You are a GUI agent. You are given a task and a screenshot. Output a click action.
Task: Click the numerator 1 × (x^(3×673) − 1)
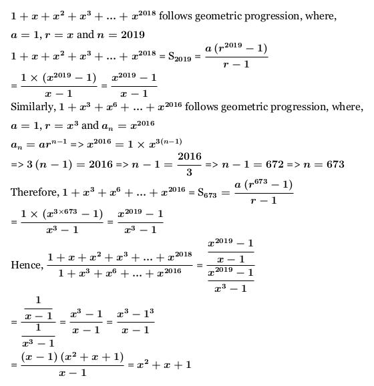[55, 214]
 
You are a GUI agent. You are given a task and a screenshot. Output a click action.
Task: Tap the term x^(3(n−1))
[166, 142]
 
